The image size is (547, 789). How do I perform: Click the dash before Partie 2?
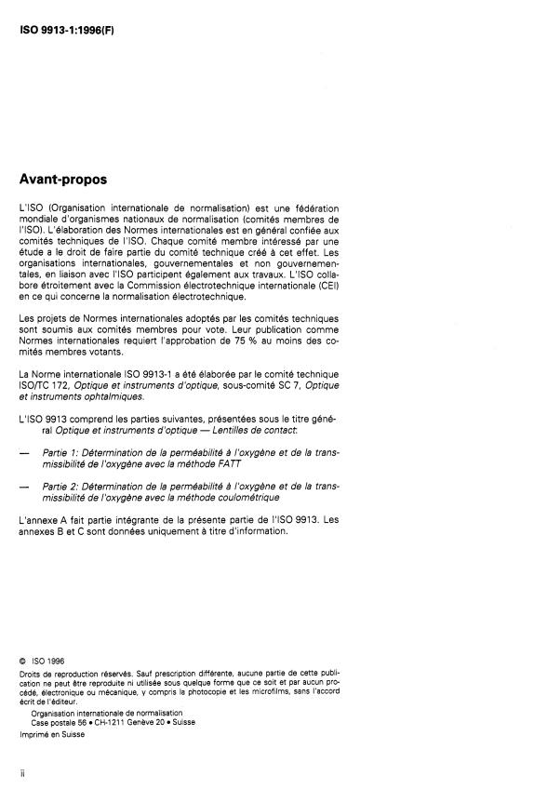coord(23,486)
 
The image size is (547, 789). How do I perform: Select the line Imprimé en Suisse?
coord(51,735)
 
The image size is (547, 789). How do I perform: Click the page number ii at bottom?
coord(21,771)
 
